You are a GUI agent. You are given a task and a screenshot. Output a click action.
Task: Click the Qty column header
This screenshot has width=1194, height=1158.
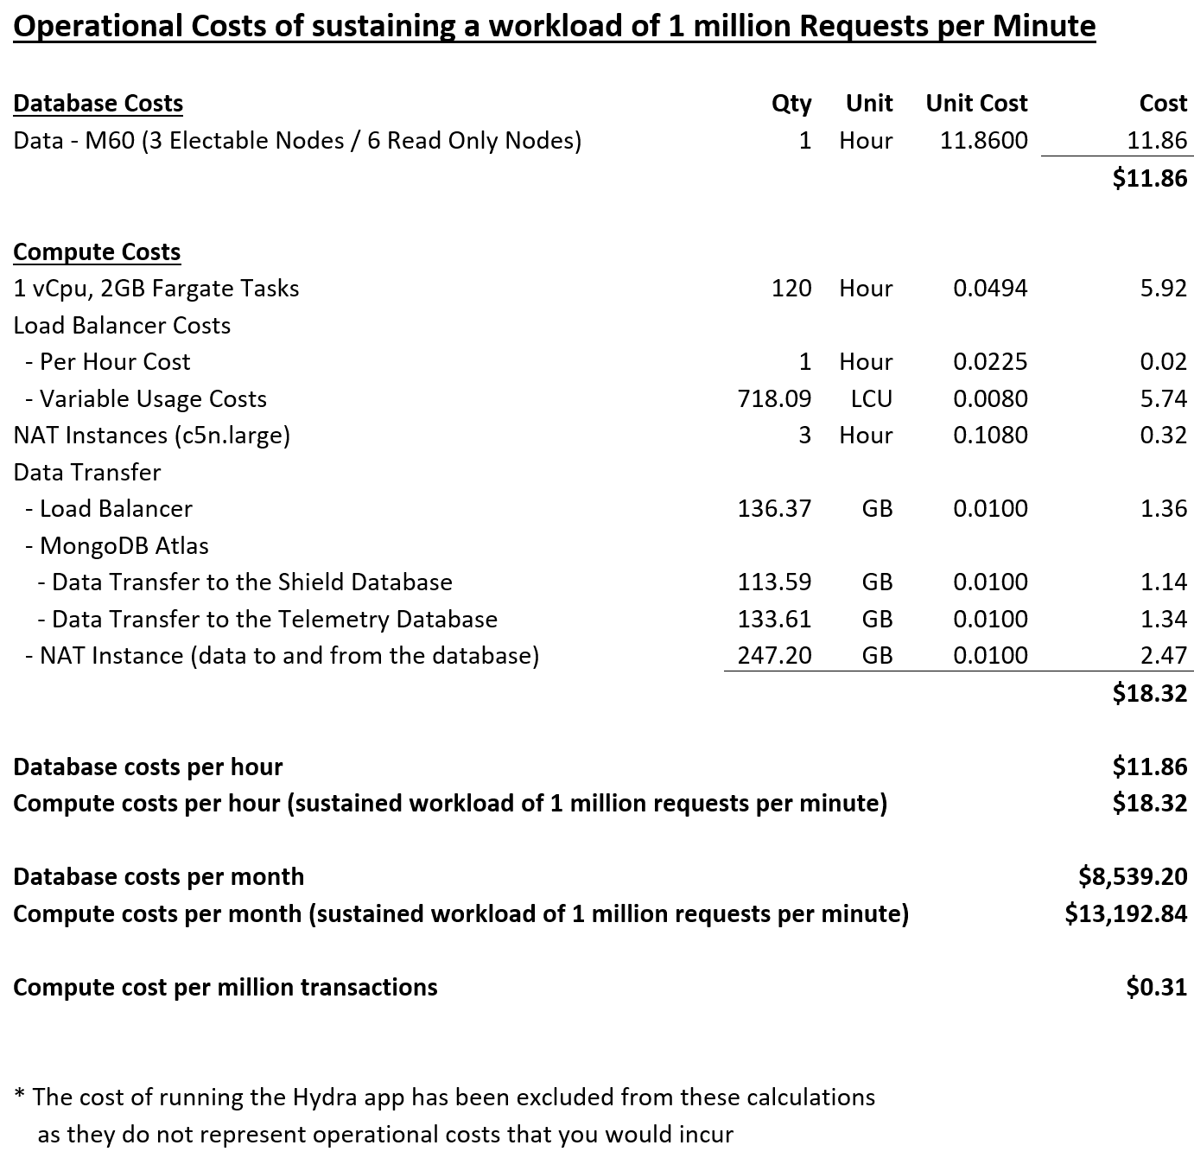tap(791, 104)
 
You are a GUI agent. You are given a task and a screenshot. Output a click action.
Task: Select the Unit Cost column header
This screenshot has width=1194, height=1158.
tap(976, 104)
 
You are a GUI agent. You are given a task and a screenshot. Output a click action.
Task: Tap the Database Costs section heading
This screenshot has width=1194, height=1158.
tap(98, 104)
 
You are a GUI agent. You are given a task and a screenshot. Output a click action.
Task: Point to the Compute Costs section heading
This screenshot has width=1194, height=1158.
tap(97, 251)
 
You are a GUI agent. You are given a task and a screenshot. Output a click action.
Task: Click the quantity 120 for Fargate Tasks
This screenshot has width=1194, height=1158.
tap(791, 289)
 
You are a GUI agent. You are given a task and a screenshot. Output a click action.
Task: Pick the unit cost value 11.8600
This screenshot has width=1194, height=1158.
tap(984, 141)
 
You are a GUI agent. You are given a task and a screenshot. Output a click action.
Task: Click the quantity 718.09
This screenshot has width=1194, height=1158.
tap(774, 398)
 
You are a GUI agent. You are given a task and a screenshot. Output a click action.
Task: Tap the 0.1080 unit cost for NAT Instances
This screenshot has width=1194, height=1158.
tap(990, 435)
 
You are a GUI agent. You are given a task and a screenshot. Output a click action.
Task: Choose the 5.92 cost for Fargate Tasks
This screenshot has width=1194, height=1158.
tap(1163, 289)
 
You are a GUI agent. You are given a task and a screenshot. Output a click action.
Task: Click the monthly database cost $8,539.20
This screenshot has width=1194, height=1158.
tap(1133, 876)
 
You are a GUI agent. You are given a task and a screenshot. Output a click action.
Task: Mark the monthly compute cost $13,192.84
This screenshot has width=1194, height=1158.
tap(1126, 913)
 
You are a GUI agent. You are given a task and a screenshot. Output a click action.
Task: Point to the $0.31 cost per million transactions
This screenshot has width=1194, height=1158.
tap(1156, 987)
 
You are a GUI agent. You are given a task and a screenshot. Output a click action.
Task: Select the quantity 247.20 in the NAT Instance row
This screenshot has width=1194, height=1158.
tap(774, 655)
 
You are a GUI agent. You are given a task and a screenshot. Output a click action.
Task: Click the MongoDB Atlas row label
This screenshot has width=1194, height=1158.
tap(124, 545)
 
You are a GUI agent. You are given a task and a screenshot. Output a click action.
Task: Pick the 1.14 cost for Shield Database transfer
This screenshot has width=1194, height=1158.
tap(1163, 582)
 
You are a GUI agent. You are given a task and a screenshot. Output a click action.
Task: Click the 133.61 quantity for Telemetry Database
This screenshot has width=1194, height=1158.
tap(774, 619)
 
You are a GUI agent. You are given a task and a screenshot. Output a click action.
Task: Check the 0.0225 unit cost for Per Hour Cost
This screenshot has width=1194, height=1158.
tap(990, 361)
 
